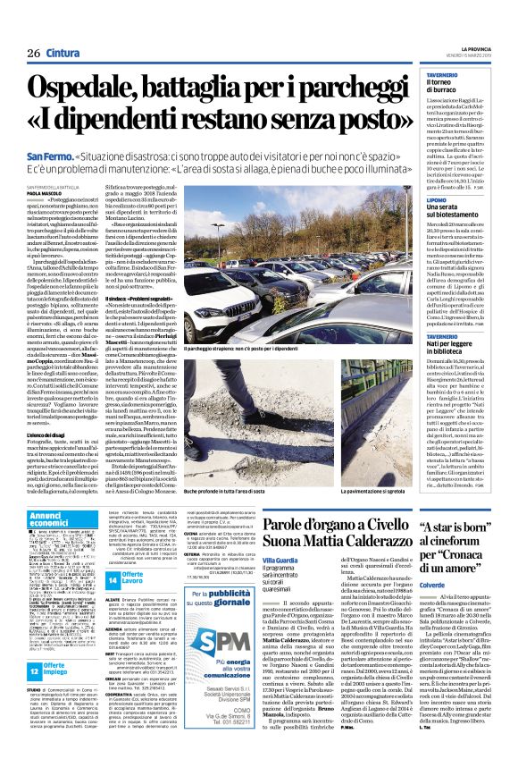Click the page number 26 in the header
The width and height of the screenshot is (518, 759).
tap(34, 53)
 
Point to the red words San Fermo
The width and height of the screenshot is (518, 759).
tap(49, 156)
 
